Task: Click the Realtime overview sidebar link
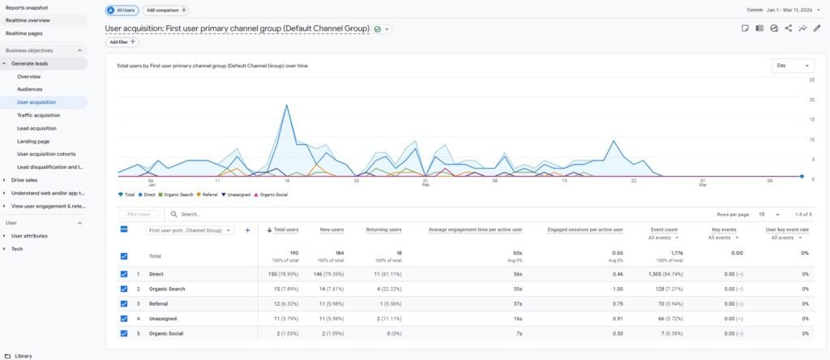[28, 19]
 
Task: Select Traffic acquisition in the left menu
[39, 115]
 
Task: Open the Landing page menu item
[33, 141]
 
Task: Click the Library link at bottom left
[23, 355]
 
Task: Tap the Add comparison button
[166, 11]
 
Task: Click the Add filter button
[122, 42]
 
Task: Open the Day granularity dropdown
[793, 66]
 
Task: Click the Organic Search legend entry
[178, 195]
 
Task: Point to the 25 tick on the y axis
[811, 80]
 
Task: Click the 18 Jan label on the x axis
[287, 182]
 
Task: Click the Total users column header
[285, 230]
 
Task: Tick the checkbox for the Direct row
[124, 274]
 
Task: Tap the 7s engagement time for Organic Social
[519, 333]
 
